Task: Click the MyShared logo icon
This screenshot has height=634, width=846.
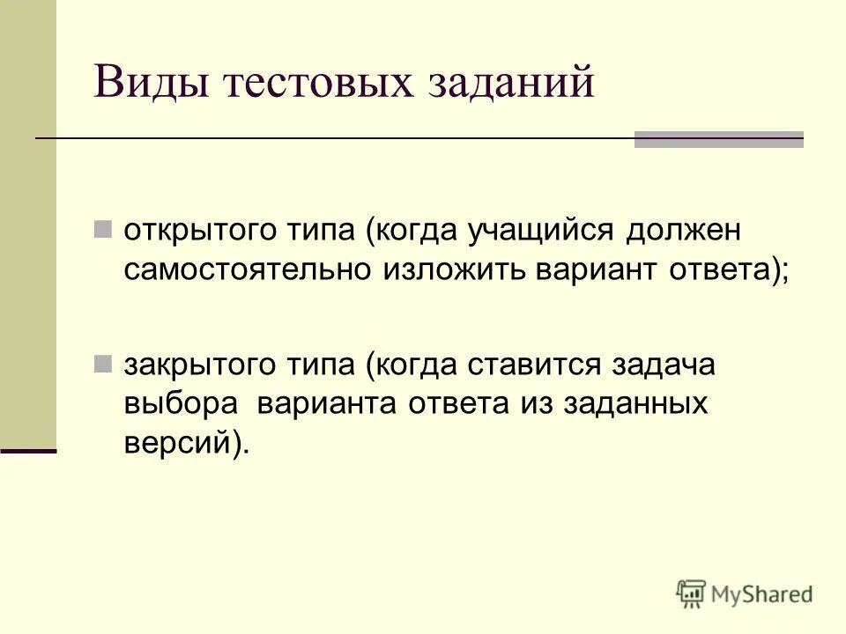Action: (x=693, y=593)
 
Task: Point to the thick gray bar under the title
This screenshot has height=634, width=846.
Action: (x=719, y=139)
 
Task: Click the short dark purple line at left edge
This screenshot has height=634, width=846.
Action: (x=28, y=451)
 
